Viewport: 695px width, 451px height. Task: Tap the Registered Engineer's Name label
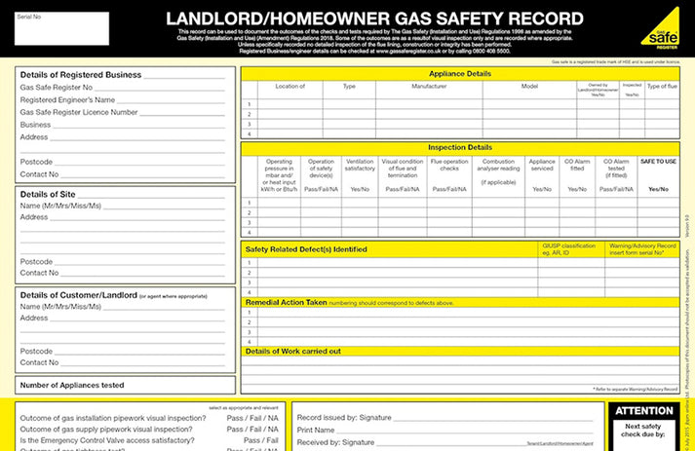68,99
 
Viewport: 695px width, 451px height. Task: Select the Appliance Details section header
459,73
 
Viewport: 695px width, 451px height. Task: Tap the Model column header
529,87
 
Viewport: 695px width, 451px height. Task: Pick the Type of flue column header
662,87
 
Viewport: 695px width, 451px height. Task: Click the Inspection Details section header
459,147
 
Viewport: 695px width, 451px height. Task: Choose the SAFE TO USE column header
658,161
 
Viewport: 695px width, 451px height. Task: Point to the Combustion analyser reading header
498,171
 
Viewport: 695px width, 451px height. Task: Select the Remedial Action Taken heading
286,303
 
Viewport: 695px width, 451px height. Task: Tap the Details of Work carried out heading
292,351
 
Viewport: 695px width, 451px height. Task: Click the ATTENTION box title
644,411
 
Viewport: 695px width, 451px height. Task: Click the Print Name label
316,430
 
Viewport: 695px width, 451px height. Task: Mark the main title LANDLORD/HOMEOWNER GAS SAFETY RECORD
374,18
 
